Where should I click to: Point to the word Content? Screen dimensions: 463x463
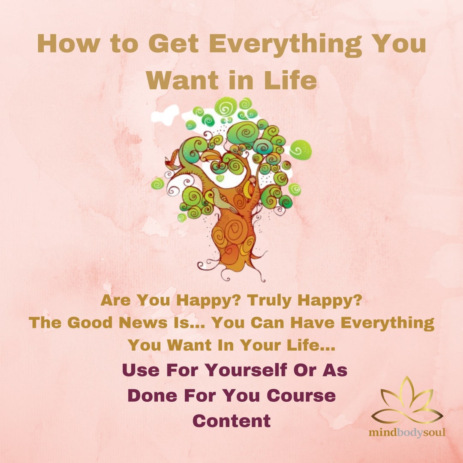click(231, 421)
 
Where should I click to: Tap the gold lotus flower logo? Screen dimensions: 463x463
click(406, 402)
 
